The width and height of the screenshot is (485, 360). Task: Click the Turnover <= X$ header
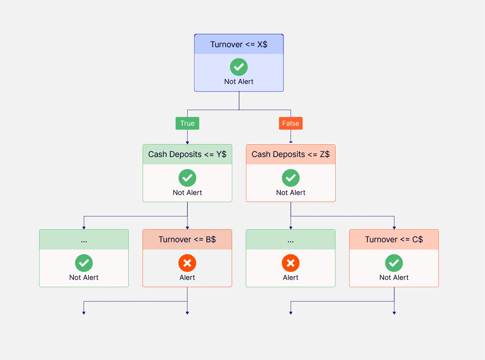pos(239,44)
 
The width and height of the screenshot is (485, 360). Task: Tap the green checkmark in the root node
pos(239,67)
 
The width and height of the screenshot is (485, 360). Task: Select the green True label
pos(187,123)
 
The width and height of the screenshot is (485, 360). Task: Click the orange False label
pos(291,123)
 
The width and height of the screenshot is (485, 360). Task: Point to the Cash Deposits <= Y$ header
pos(187,154)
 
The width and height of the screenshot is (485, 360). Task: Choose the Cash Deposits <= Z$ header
pos(291,154)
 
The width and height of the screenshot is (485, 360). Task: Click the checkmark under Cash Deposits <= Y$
pos(187,178)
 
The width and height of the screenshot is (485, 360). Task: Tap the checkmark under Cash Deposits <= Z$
pos(291,178)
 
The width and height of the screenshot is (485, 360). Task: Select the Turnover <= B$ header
pos(187,239)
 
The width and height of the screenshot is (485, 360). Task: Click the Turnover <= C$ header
pos(394,239)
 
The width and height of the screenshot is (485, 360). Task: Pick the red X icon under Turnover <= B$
pos(187,263)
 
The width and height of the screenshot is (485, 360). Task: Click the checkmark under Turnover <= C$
pos(394,263)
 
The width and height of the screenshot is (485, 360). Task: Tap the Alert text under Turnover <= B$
pos(187,278)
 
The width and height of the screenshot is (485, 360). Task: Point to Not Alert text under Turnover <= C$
pos(394,278)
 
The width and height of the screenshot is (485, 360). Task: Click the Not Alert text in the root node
pos(239,82)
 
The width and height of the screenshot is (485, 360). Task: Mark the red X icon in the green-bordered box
pos(291,263)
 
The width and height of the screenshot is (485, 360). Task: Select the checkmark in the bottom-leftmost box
pos(84,263)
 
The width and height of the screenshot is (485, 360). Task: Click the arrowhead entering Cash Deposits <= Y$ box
pos(187,143)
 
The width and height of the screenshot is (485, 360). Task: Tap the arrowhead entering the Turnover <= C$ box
pos(394,228)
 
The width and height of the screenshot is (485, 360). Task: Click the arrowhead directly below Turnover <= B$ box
pos(187,313)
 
